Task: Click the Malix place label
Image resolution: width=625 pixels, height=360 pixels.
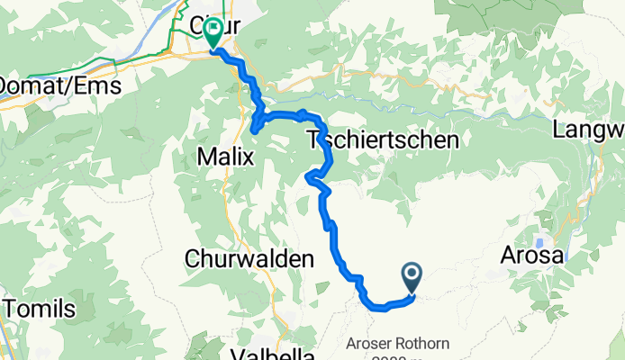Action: pos(224,157)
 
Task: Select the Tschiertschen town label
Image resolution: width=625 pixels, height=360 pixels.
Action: pos(383,139)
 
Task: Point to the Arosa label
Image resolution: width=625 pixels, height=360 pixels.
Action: pos(534,256)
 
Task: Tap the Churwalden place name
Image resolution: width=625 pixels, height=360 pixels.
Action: pos(249,258)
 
